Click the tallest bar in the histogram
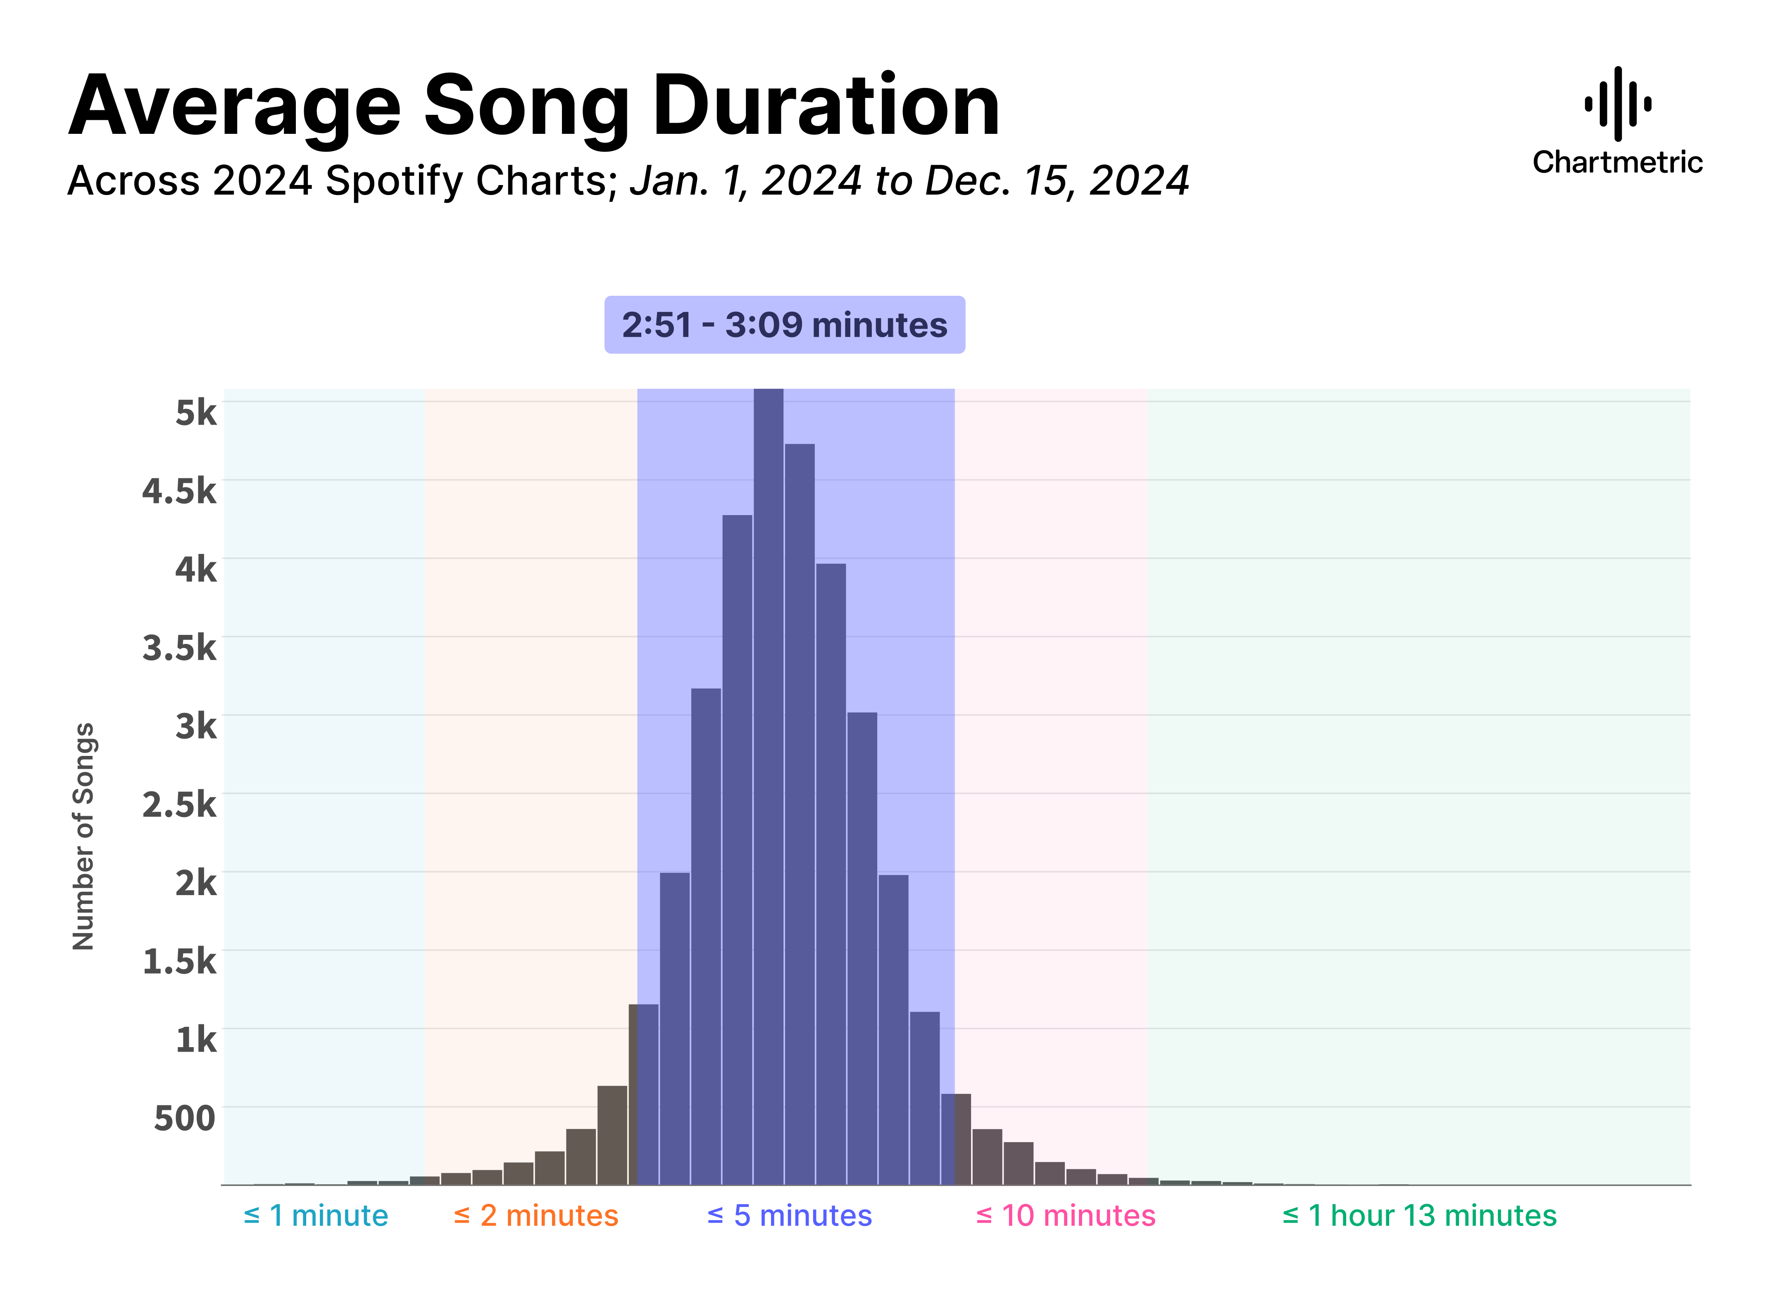[x=768, y=788]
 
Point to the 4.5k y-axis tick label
[x=179, y=491]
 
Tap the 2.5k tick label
[x=179, y=805]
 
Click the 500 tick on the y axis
[x=185, y=1118]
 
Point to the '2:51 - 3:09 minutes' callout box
[x=785, y=325]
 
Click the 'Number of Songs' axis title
[x=83, y=835]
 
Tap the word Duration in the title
[x=826, y=107]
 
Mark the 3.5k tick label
[x=179, y=648]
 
